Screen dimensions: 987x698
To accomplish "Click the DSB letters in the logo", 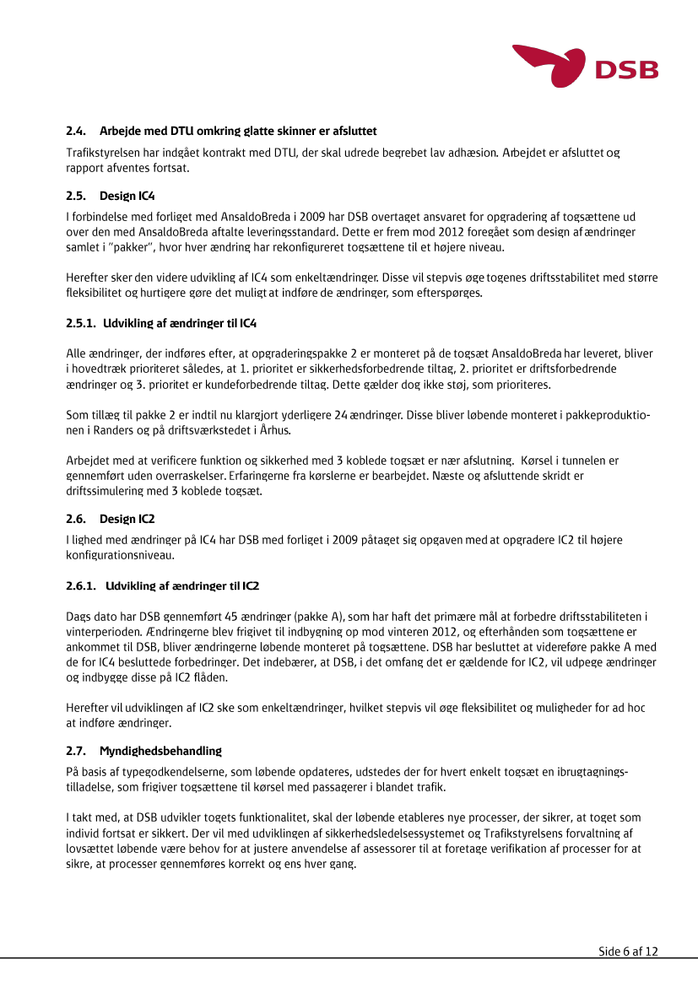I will point(626,69).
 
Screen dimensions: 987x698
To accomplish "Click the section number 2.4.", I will point(76,131).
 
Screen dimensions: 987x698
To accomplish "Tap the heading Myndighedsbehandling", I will point(160,750).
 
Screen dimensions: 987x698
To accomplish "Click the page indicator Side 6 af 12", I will point(628,952).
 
